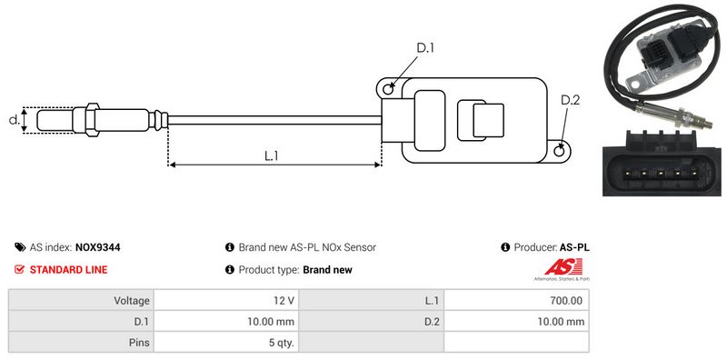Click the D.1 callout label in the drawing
[424, 48]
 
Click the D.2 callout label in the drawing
[570, 100]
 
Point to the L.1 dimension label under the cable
[271, 156]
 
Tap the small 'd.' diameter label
[15, 120]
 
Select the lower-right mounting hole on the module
[560, 150]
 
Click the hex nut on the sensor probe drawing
[93, 120]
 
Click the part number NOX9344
[97, 247]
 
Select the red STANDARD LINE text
[69, 269]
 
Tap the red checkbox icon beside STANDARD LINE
[19, 269]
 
